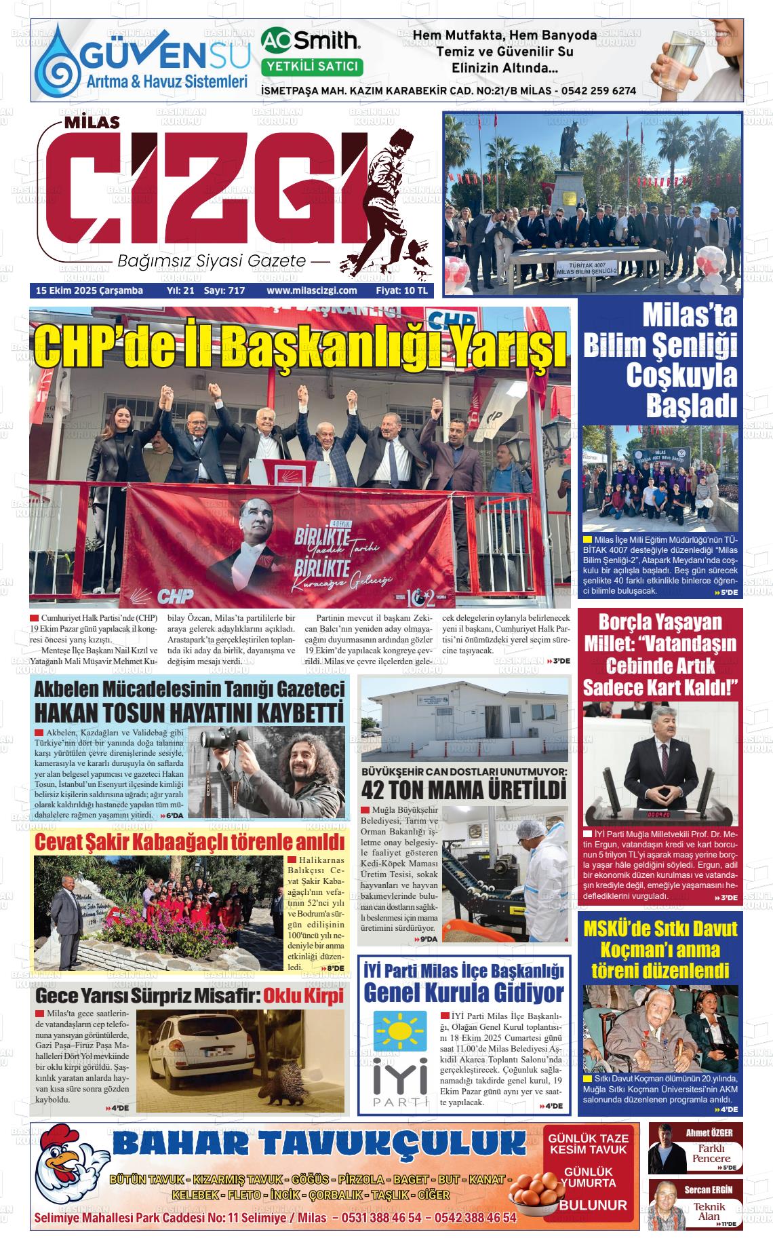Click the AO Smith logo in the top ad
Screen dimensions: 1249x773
(311, 41)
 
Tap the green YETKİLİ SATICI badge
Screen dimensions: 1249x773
(312, 66)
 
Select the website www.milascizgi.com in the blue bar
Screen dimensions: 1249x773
(312, 290)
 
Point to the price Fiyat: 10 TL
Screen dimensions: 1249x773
(401, 290)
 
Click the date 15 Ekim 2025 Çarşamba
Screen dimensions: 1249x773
(89, 290)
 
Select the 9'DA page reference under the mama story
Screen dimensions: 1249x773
(428, 939)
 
